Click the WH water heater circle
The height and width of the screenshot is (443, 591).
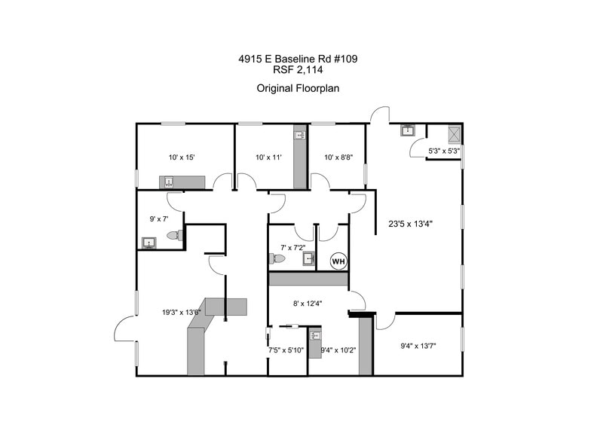click(338, 261)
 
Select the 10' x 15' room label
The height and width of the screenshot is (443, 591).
click(182, 157)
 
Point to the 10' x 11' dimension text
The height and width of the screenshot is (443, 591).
click(268, 157)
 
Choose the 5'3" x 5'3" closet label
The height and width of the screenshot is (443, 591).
click(443, 151)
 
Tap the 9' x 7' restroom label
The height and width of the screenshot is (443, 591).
click(160, 218)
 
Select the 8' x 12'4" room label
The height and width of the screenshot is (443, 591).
click(308, 304)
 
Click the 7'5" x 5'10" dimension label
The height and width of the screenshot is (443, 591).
click(286, 350)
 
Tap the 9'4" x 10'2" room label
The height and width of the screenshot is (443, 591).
click(338, 350)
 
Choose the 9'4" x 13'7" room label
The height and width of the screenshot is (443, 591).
click(418, 347)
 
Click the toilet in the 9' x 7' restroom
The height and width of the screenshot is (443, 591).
click(174, 235)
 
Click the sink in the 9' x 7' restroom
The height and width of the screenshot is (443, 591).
click(147, 243)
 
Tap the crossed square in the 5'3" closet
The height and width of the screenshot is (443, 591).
click(454, 134)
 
